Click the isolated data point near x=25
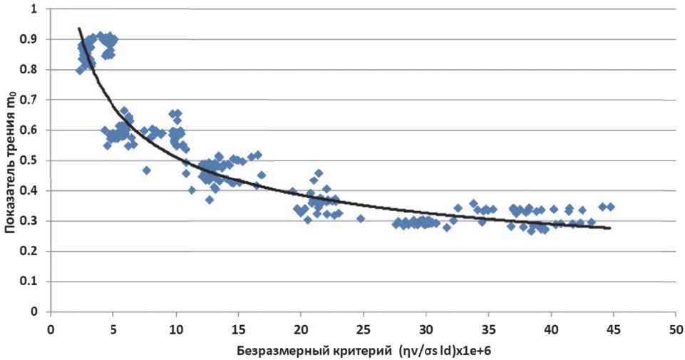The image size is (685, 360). click(x=361, y=219)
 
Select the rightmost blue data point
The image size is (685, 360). click(x=611, y=207)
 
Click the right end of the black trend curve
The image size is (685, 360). click(x=610, y=228)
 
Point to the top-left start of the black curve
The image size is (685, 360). click(x=78, y=28)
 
